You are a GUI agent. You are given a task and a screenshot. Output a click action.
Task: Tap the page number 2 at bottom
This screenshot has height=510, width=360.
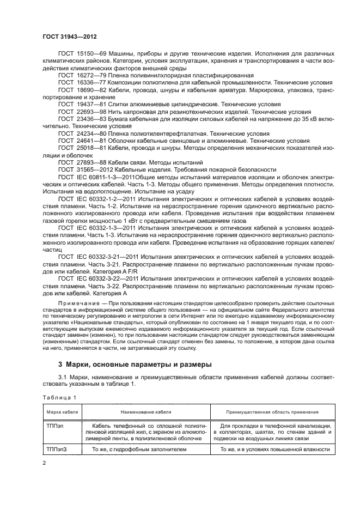[44, 462]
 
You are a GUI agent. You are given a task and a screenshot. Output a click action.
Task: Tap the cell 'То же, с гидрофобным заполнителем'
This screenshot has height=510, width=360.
[139, 449]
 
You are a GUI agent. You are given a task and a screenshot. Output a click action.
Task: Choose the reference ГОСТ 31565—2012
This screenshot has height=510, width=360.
[83, 169]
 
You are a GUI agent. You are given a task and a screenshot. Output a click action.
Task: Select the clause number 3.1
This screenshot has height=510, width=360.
[63, 377]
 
